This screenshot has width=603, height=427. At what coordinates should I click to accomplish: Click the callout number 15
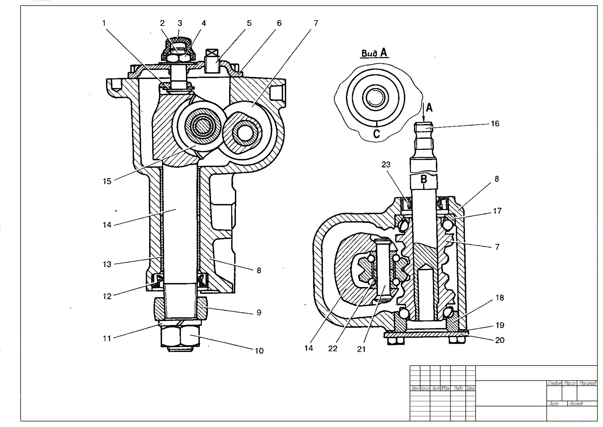tap(107, 181)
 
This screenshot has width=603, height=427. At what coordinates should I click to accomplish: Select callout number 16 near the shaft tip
tap(495, 124)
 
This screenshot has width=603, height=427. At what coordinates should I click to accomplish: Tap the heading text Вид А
tap(374, 53)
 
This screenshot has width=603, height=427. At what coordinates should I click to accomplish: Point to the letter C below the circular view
tap(376, 134)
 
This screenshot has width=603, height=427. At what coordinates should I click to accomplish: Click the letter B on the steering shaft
tap(424, 179)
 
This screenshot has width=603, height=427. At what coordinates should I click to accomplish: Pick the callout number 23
tap(386, 165)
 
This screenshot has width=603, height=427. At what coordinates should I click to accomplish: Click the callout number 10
tap(259, 351)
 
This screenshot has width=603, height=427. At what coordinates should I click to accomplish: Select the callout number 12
tap(107, 296)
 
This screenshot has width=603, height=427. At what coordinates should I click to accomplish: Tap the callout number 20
tap(500, 340)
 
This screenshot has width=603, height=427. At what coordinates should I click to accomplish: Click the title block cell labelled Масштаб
tap(587, 384)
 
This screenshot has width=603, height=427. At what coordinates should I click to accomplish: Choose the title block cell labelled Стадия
tap(554, 384)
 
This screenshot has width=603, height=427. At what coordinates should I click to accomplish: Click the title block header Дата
tap(471, 388)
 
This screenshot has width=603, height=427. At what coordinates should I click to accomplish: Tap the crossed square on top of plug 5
tap(212, 53)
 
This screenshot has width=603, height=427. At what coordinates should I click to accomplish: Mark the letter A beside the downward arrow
tap(429, 108)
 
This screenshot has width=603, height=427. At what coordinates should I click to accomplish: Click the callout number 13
tap(107, 264)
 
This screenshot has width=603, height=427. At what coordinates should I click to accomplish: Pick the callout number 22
tap(333, 348)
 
